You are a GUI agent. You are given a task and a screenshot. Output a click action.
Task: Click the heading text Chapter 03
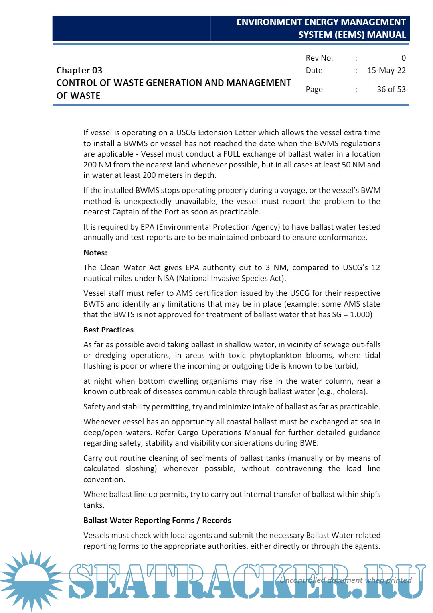tap(79, 70)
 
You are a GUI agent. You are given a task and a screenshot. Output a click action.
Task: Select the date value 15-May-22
tap(386, 70)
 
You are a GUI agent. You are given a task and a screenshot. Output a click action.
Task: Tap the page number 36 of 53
tap(391, 89)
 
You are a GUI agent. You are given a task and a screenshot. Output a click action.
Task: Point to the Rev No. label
tap(319, 58)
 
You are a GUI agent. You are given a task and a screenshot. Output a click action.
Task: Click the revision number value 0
tap(403, 58)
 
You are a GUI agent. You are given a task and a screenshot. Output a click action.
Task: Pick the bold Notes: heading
tap(95, 253)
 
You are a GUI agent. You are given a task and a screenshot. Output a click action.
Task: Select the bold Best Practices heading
tap(108, 330)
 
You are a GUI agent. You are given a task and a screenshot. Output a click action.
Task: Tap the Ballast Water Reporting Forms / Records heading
tap(157, 520)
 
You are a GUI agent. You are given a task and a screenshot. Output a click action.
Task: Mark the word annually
tap(98, 237)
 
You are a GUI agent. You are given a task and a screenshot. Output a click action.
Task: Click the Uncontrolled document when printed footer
tap(345, 580)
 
